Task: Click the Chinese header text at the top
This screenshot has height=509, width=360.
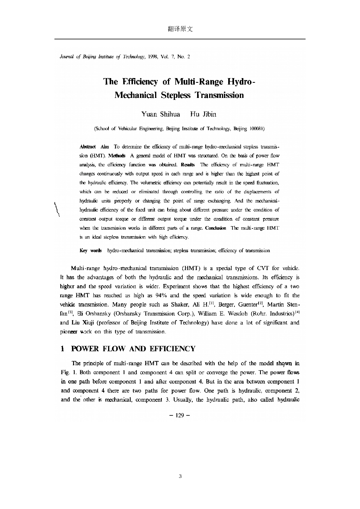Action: coord(180,29)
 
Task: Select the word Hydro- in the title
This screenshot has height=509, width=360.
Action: coord(241,82)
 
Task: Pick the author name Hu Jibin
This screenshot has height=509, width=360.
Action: coord(203,114)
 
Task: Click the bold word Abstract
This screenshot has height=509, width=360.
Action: coord(87,146)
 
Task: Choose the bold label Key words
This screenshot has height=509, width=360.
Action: coord(91,251)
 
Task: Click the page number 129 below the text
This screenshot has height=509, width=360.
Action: coord(180,415)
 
